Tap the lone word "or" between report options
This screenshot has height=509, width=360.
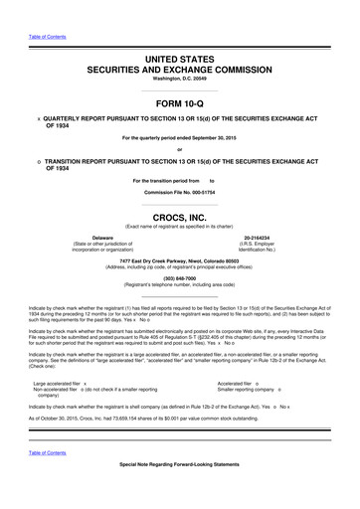click(179, 151)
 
